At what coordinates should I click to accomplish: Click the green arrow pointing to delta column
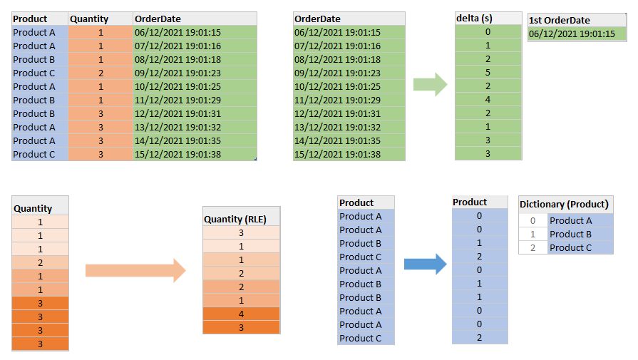[430, 83]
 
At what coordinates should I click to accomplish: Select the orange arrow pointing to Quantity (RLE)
[135, 270]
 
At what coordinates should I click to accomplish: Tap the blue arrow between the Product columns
[424, 264]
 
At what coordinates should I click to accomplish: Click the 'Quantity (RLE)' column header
[241, 219]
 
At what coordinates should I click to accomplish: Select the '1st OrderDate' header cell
[577, 20]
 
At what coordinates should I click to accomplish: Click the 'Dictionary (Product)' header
[565, 205]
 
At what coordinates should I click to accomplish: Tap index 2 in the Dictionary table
[532, 247]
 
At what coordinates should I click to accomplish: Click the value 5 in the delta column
[488, 72]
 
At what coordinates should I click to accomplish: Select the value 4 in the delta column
[488, 99]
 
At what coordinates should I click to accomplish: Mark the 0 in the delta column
[488, 31]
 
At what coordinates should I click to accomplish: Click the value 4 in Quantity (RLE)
[241, 314]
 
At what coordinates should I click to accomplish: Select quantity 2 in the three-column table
[100, 73]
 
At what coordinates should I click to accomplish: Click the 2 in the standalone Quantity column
[40, 262]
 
